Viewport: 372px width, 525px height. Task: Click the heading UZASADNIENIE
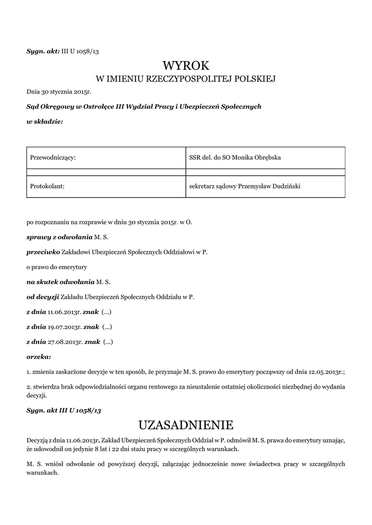(186, 425)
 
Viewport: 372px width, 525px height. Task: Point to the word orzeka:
(38, 356)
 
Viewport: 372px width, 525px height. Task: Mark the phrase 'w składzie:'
(45, 121)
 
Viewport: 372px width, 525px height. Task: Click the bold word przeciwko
(43, 252)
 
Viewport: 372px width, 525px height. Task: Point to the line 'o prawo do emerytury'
(57, 267)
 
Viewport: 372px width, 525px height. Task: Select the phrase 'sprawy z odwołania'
(59, 237)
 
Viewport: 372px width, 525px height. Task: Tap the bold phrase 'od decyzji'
(43, 296)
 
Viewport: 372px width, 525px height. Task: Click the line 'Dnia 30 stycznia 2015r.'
(58, 92)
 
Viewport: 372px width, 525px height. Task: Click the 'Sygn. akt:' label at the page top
(43, 51)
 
